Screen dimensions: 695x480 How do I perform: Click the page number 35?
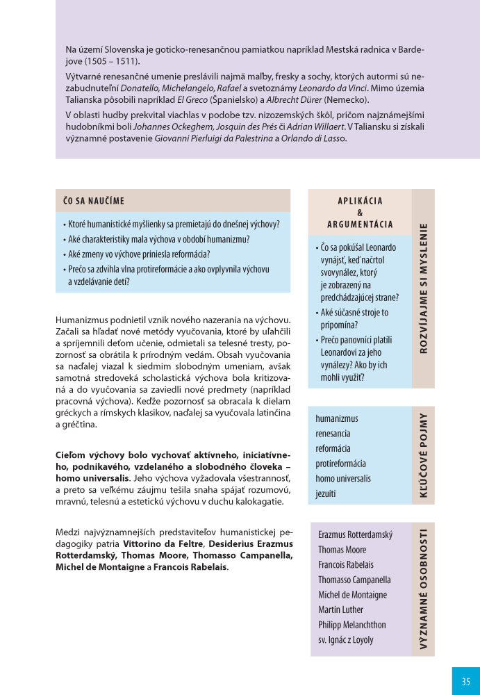coord(465,681)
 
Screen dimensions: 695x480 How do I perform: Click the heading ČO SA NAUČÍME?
coord(94,201)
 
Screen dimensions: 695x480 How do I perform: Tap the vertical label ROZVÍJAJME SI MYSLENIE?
coord(423,288)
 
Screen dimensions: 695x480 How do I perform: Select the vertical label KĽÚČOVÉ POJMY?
coord(423,456)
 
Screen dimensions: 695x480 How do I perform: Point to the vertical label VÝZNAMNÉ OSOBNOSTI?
coord(423,589)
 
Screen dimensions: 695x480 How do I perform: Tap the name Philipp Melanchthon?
coord(352,625)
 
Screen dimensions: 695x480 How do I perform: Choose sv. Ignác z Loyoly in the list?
coord(345,640)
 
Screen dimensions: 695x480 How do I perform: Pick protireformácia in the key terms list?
coord(340,464)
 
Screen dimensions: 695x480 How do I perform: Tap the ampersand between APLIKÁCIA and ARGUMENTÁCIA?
coord(360,213)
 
